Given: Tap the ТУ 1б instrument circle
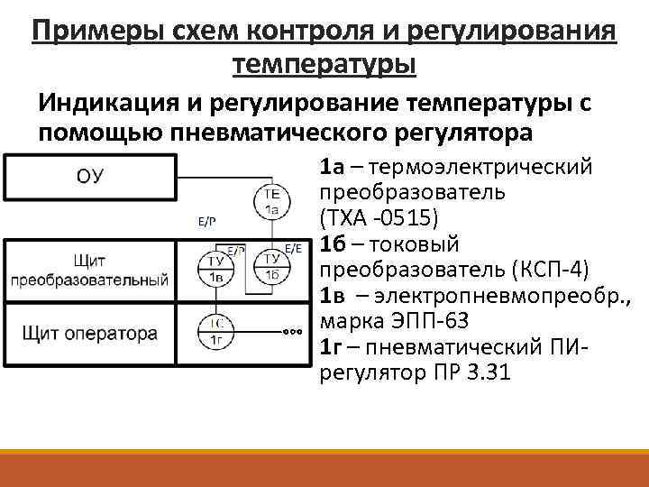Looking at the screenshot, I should coord(270,267).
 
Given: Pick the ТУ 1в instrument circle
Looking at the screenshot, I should coord(216,267).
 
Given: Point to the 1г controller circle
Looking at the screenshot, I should coord(216,331).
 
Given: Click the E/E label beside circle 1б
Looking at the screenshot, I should coord(296,247).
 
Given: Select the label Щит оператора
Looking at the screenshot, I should coord(88,333).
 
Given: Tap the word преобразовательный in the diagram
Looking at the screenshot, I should coord(89,279).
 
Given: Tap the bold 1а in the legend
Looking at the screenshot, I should coord(331,167).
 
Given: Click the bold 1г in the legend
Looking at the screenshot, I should coord(330,347).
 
